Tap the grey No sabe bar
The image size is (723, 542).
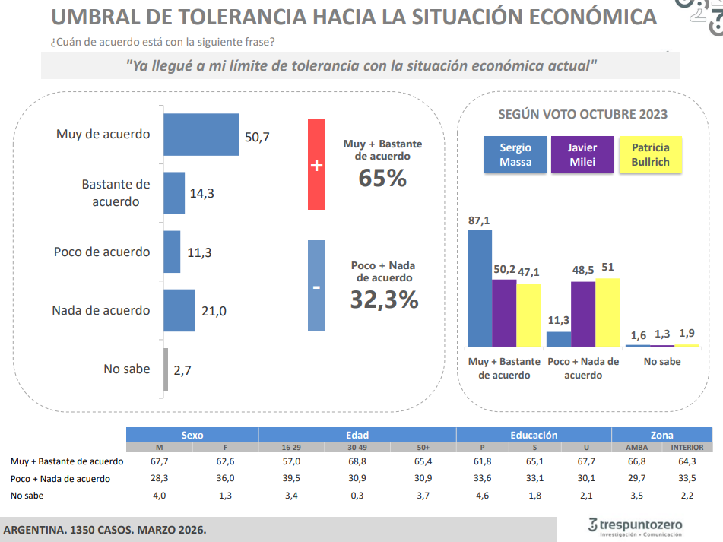pos(166,369)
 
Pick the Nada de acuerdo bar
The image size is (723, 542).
pos(179,310)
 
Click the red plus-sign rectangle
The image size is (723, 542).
pos(316,164)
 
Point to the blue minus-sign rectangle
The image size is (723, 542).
pos(316,286)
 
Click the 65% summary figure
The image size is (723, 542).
pos(382,178)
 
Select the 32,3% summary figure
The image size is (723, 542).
pos(384,300)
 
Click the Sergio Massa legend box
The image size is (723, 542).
pos(515,155)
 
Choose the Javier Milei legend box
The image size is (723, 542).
pos(582,155)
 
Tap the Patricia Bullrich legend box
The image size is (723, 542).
pos(651,155)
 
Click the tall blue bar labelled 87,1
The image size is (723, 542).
pos(479,288)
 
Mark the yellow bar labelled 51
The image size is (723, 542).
pos(607,312)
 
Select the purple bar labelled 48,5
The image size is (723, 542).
pos(582,314)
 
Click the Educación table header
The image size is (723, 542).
pos(534,436)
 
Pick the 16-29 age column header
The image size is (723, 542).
pos(292,448)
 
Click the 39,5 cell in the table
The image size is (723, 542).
pos(292,479)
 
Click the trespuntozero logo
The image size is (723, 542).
pos(636,526)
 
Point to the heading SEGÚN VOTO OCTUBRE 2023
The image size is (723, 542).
pos(582,114)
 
